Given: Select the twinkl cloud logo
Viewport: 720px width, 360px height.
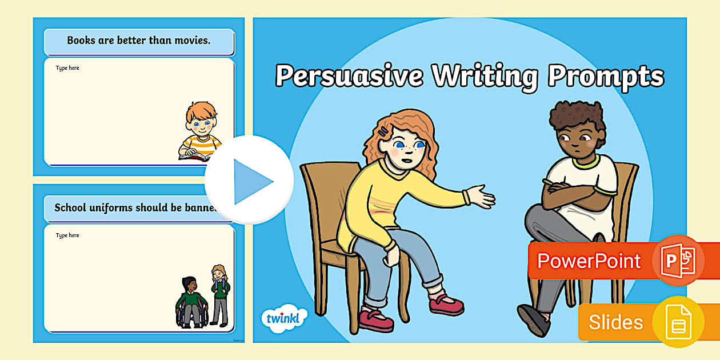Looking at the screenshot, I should [x=283, y=318].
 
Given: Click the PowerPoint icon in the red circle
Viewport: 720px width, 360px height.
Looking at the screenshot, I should [x=678, y=261].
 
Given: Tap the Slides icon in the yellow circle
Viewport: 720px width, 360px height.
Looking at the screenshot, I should [x=678, y=322].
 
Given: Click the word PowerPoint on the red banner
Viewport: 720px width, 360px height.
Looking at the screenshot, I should [x=589, y=261].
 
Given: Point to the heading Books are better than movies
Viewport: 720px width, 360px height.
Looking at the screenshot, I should [x=139, y=41].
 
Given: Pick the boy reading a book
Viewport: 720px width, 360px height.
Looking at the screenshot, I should [x=200, y=131].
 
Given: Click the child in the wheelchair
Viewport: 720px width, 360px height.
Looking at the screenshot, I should [x=190, y=303].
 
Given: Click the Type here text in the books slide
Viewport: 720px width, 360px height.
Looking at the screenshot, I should [x=67, y=69].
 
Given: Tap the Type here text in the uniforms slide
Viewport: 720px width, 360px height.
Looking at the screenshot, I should [x=67, y=235].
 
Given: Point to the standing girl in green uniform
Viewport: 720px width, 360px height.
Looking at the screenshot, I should [x=219, y=294].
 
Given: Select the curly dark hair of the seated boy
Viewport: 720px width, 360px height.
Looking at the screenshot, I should [x=577, y=117].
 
